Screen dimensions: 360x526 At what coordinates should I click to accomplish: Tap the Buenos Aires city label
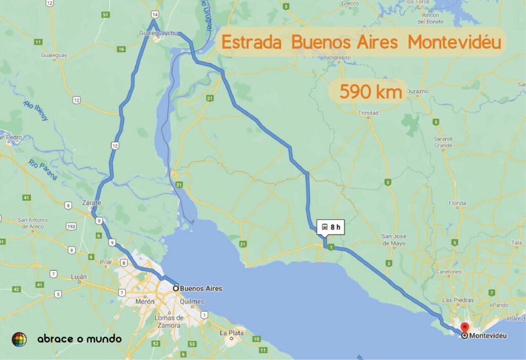201,289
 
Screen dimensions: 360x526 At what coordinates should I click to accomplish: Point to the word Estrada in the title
251,42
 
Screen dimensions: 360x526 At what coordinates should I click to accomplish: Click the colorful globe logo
19,339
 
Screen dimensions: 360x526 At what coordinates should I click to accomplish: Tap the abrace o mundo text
80,339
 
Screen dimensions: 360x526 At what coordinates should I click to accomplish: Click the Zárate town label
91,203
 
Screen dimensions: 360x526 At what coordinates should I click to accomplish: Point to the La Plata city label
232,333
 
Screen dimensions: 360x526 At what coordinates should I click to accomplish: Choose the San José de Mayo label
394,239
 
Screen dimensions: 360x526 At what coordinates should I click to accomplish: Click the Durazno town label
417,91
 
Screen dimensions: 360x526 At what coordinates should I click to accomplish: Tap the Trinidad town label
368,112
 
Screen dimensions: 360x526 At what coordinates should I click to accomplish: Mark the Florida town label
457,204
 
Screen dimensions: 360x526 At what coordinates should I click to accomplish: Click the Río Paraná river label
43,170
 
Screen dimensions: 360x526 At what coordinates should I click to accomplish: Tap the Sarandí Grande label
443,142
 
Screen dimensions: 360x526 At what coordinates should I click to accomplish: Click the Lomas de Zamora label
169,321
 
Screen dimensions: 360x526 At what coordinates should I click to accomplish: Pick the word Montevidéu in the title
454,42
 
